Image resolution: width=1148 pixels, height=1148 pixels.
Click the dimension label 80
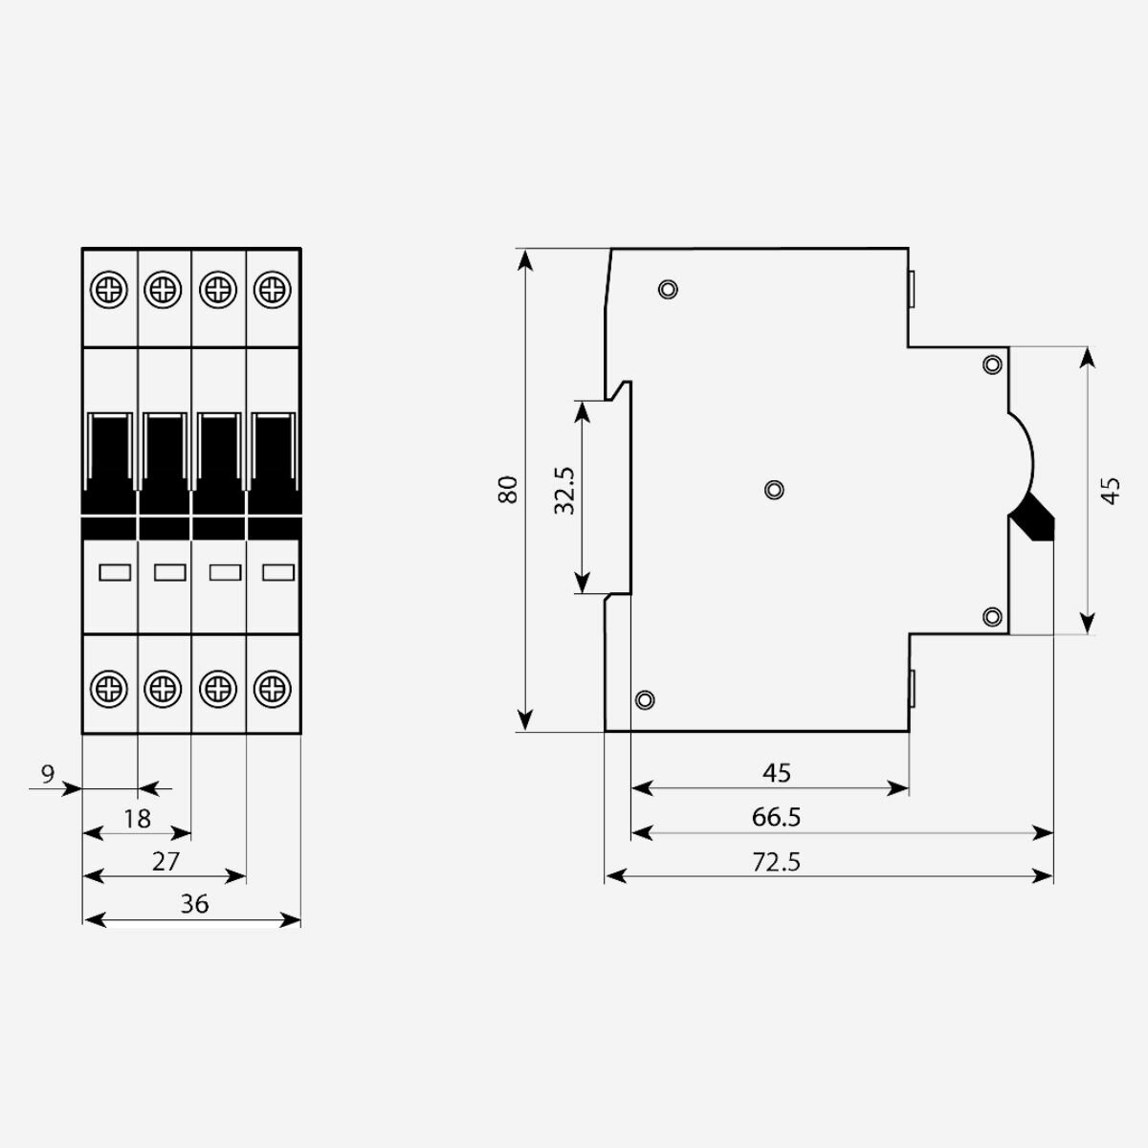pos(508,489)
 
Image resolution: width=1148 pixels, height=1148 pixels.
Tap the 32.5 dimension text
pos(565,491)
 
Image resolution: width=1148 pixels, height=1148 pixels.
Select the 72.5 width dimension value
pos(776,862)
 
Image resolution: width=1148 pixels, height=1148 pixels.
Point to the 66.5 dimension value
pos(776,817)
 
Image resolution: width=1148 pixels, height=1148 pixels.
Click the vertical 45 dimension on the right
pos(1111,490)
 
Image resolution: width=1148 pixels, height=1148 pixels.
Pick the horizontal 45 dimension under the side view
pos(777,772)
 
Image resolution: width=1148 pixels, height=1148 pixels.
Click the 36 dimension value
pos(194,904)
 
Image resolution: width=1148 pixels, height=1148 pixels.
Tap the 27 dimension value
pos(166,861)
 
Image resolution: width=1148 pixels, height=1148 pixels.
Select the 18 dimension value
pos(138,818)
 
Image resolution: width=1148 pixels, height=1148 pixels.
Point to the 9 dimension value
pos(49,773)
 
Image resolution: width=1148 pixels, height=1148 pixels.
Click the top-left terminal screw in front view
pos(111,288)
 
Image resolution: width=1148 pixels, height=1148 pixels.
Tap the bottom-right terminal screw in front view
pos(274,687)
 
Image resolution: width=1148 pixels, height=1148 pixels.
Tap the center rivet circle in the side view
pos(775,490)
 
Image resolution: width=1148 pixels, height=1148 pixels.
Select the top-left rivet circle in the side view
pos(669,289)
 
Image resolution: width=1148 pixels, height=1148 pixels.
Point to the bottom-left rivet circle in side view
pos(645,699)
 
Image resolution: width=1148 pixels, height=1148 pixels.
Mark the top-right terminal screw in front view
pos(274,288)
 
